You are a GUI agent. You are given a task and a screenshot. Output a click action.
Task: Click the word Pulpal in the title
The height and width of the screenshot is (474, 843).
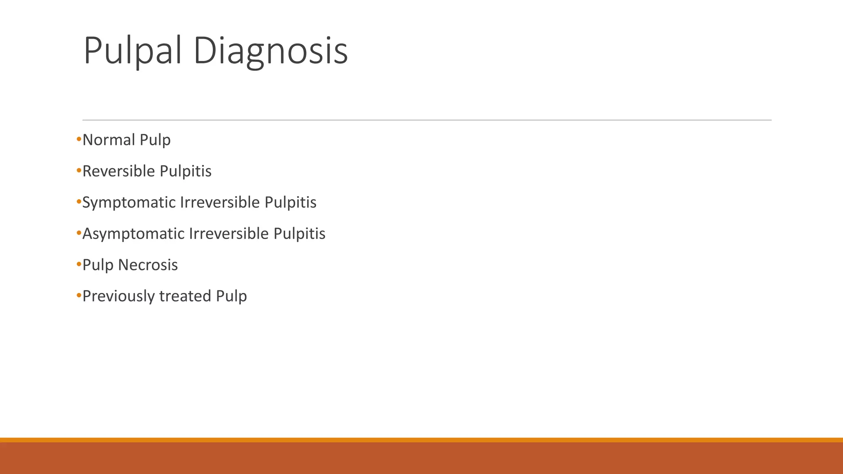tap(132, 51)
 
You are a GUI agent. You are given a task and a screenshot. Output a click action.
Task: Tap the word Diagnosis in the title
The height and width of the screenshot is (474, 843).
tap(270, 51)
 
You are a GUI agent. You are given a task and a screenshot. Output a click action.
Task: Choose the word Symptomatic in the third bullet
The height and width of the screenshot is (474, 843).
tap(128, 202)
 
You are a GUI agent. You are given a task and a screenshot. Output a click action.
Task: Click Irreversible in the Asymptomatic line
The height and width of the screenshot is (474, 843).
tap(229, 234)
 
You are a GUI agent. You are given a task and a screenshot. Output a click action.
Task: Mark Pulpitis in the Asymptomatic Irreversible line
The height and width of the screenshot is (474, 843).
tap(299, 234)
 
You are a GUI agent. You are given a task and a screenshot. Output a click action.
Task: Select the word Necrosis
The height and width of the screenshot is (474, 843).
tap(148, 265)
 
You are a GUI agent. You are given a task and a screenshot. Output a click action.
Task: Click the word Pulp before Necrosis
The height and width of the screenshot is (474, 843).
tap(98, 265)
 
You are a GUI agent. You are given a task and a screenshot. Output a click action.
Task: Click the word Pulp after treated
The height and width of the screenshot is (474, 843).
tap(231, 296)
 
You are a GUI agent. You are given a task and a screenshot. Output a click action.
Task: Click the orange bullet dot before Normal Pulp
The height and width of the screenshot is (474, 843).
tap(79, 140)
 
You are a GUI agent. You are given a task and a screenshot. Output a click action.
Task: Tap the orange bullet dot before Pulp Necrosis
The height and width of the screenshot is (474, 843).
tap(79, 265)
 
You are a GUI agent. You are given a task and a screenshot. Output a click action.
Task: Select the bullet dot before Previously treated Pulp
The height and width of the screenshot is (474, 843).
tap(79, 296)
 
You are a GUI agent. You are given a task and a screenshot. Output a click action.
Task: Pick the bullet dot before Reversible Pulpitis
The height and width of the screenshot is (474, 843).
tap(79, 171)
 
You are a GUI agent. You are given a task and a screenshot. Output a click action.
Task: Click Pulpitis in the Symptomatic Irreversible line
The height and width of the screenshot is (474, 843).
tap(290, 202)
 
